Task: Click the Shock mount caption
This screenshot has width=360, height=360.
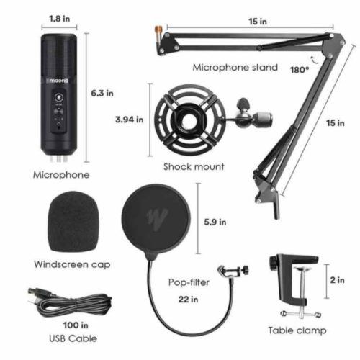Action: (x=193, y=166)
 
